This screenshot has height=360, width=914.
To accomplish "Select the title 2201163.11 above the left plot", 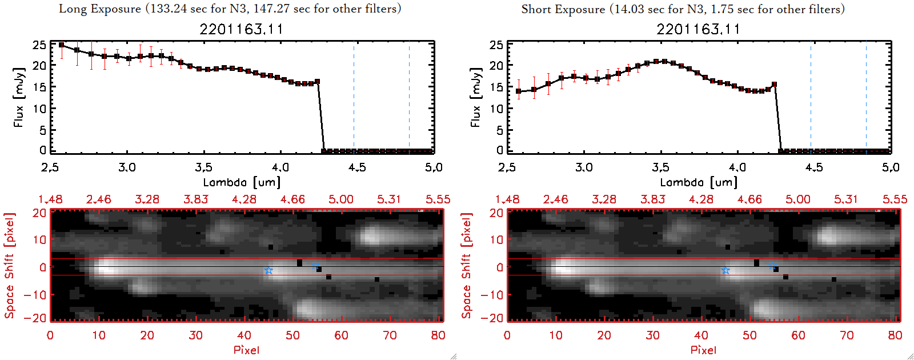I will tap(241, 29).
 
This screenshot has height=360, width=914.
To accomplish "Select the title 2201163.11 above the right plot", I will tap(698, 29).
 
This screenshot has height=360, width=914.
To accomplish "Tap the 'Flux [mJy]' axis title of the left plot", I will tap(19, 97).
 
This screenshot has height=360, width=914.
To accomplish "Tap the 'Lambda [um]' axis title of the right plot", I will tap(699, 182).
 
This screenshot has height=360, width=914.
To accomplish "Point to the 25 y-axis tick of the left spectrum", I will tap(39, 45).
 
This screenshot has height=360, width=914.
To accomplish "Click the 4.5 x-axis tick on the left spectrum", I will tap(357, 167).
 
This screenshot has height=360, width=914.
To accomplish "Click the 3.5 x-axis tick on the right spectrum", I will tap(660, 167).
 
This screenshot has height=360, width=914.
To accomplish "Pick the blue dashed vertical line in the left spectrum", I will tap(409, 97).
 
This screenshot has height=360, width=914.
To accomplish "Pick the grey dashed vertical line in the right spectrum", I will tap(811, 97).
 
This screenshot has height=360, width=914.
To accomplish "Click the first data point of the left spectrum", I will tap(61, 45).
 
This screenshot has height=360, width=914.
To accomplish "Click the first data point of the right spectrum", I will tap(519, 91).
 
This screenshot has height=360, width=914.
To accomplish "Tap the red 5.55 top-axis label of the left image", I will tap(438, 199).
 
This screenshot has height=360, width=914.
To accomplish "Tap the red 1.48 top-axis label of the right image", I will tap(507, 199).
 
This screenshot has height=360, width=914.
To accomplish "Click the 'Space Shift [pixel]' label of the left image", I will tap(10, 266).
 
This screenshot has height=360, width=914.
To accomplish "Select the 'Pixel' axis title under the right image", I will tap(703, 350).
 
